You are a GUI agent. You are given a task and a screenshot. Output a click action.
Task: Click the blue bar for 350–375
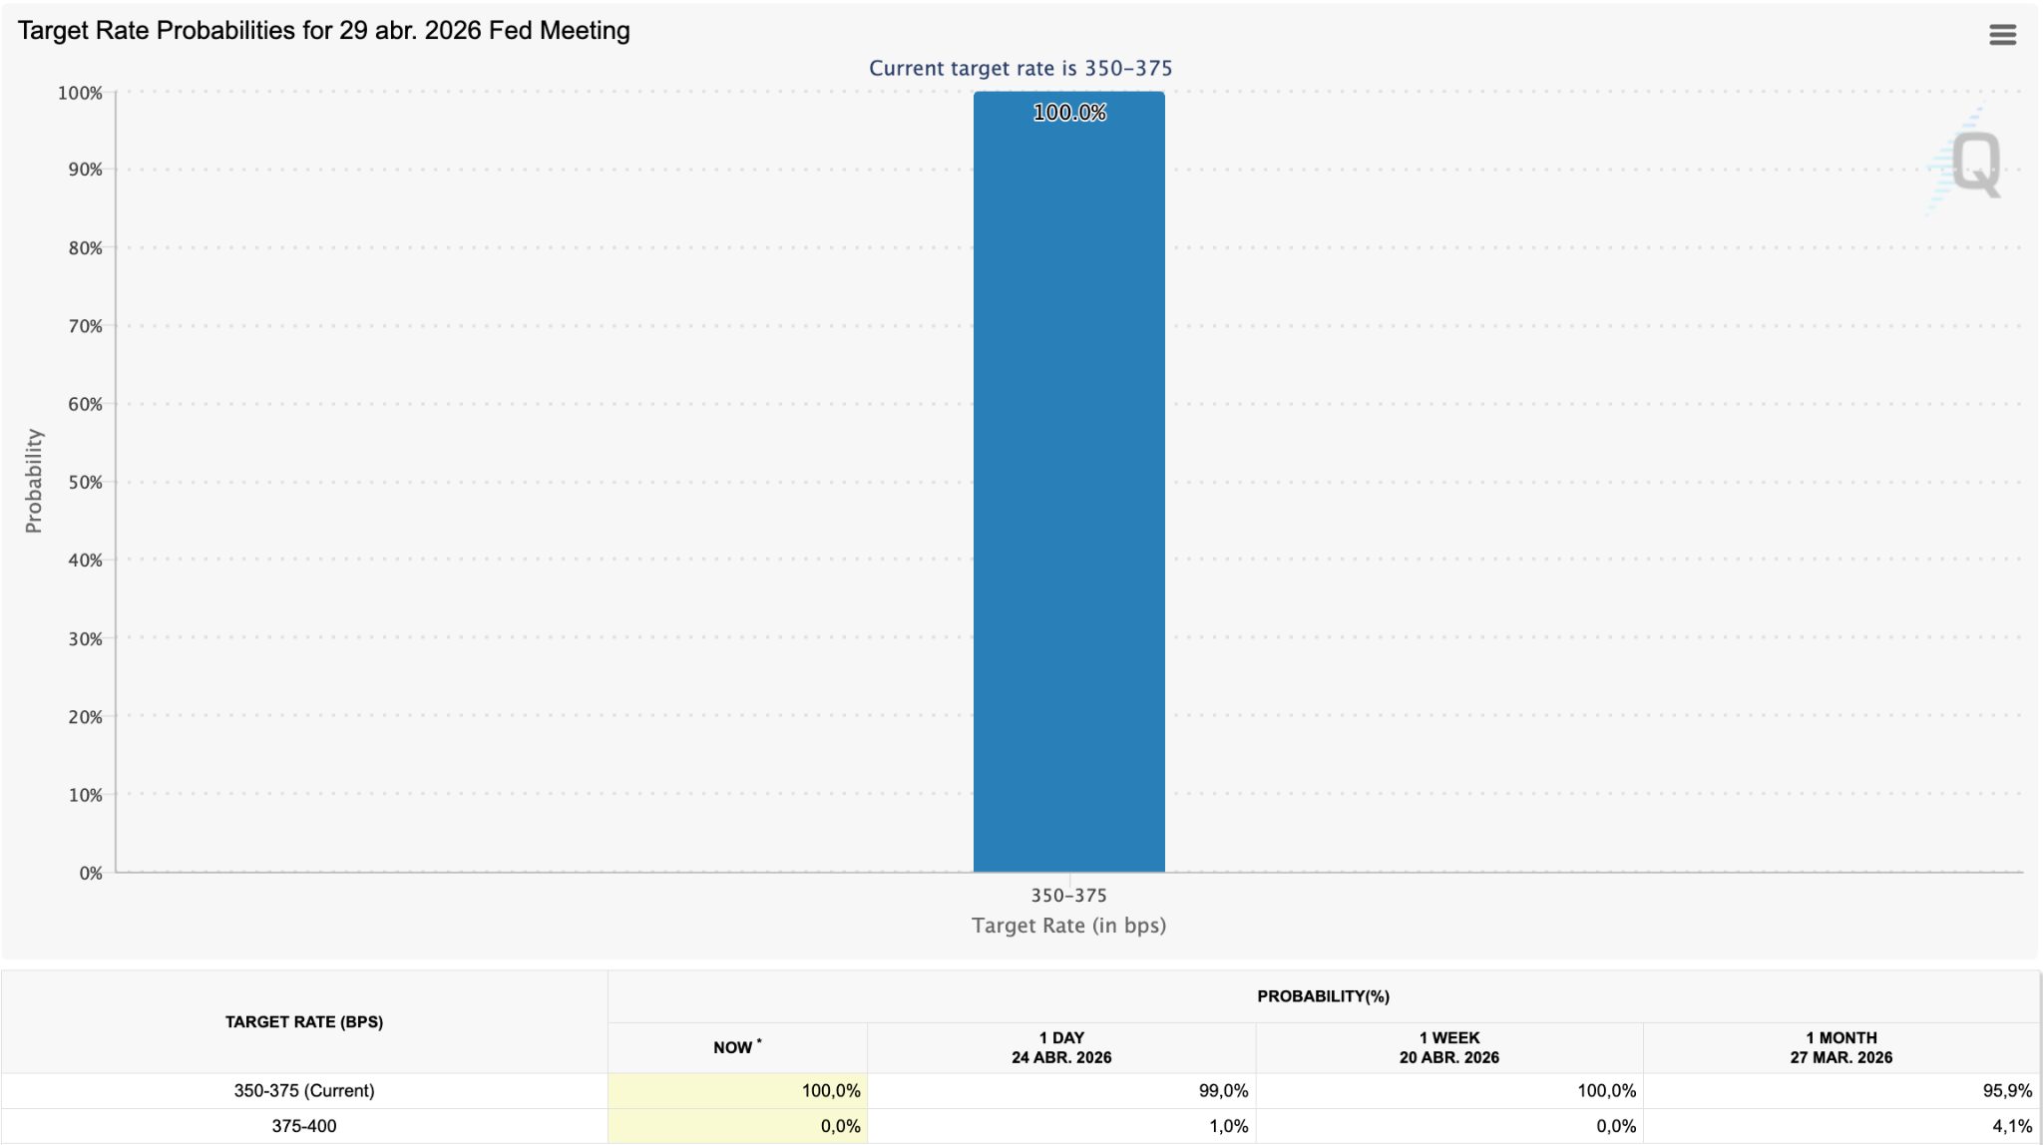coord(1068,482)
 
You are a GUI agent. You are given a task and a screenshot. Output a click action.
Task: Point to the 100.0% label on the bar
coord(1069,113)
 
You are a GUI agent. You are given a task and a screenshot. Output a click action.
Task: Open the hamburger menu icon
coord(2002,35)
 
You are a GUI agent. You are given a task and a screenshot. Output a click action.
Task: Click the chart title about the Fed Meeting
coord(324,31)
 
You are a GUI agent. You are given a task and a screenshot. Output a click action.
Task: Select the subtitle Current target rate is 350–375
coord(1021,68)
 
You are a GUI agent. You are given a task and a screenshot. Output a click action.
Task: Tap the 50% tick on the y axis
coord(85,482)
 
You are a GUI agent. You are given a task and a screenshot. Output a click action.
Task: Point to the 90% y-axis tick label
coord(85,170)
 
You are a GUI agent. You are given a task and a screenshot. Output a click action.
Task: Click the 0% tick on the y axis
coord(91,873)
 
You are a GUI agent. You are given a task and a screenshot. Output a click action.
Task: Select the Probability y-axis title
coord(34,481)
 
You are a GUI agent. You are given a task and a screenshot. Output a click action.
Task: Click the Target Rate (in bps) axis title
coord(1068,926)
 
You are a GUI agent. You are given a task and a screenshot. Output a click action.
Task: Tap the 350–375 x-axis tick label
coord(1068,896)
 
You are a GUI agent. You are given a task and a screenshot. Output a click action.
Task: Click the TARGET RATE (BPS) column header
coord(304,1021)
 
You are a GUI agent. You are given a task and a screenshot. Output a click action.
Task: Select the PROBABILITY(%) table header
coord(1323,996)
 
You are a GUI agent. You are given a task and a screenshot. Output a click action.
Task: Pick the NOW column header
coord(736,1047)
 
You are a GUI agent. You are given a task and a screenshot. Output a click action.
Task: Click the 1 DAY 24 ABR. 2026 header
coord(1061,1047)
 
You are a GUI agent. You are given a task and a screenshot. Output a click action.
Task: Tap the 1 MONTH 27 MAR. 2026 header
coord(1840,1047)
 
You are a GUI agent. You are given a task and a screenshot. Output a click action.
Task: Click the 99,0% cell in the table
coord(1223,1091)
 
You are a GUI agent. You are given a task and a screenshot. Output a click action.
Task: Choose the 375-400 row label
coord(304,1126)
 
